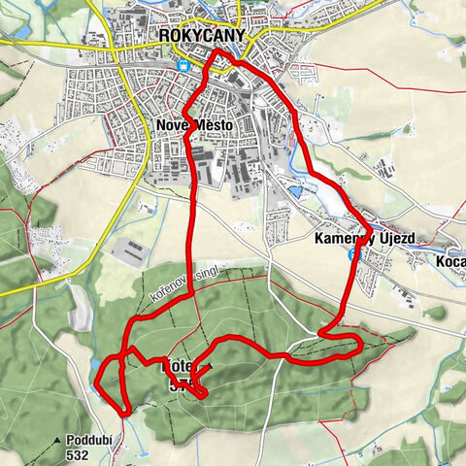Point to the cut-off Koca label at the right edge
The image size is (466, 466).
click(450, 262)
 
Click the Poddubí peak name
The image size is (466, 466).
click(94, 440)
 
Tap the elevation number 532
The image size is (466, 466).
click(93, 453)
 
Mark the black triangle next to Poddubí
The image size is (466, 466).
click(71, 440)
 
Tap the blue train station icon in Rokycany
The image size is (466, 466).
click(183, 66)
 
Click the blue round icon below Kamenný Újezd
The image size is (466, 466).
click(352, 253)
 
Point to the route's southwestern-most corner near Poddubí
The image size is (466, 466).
click(98, 388)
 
